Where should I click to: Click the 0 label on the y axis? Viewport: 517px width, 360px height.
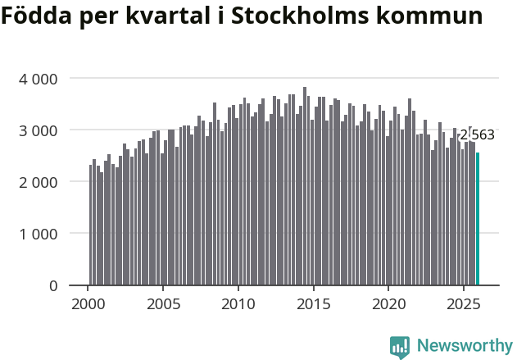coord(53,285)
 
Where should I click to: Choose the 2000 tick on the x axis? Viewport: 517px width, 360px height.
coord(88,304)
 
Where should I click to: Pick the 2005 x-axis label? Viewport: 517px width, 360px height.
coord(163,304)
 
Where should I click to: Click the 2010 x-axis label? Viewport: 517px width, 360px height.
coord(238,304)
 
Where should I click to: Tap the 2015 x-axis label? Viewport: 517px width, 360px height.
coord(313,304)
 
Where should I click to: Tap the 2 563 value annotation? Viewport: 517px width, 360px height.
coord(477,135)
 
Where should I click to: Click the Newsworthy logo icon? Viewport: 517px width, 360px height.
coord(400,347)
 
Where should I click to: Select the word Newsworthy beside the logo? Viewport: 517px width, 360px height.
coord(464,346)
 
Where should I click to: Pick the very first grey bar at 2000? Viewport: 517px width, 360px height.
coord(91,226)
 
